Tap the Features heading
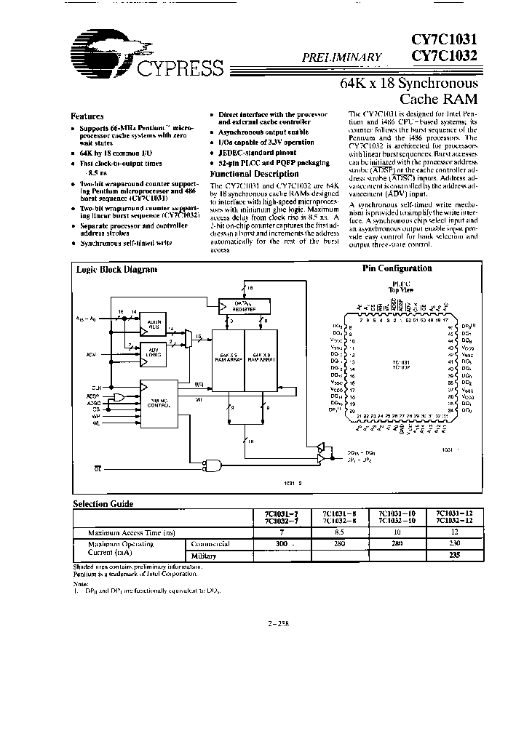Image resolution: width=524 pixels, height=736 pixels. (x=87, y=116)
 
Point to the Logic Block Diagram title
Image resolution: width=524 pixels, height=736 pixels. (x=117, y=269)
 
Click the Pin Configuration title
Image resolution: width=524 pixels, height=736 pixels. (x=397, y=268)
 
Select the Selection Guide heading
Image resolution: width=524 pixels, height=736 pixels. (x=103, y=503)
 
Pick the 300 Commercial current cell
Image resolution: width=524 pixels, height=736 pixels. (x=278, y=543)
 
